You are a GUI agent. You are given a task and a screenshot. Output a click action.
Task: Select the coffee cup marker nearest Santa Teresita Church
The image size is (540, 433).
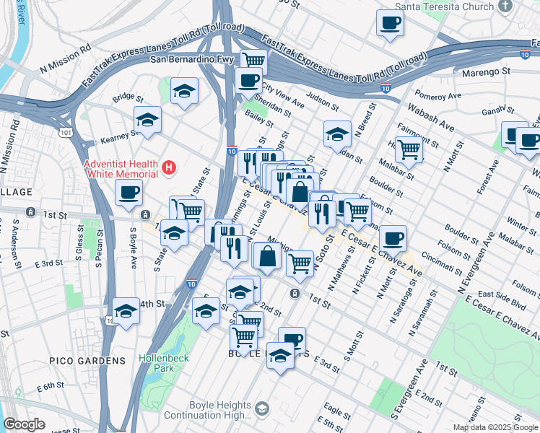click(x=390, y=23)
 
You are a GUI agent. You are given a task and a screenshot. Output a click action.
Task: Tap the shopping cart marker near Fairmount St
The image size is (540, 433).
click(x=409, y=149)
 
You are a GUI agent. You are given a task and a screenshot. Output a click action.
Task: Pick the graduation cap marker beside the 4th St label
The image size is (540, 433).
click(x=126, y=310)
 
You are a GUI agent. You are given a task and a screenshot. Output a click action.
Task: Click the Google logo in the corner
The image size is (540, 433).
click(x=24, y=424)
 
